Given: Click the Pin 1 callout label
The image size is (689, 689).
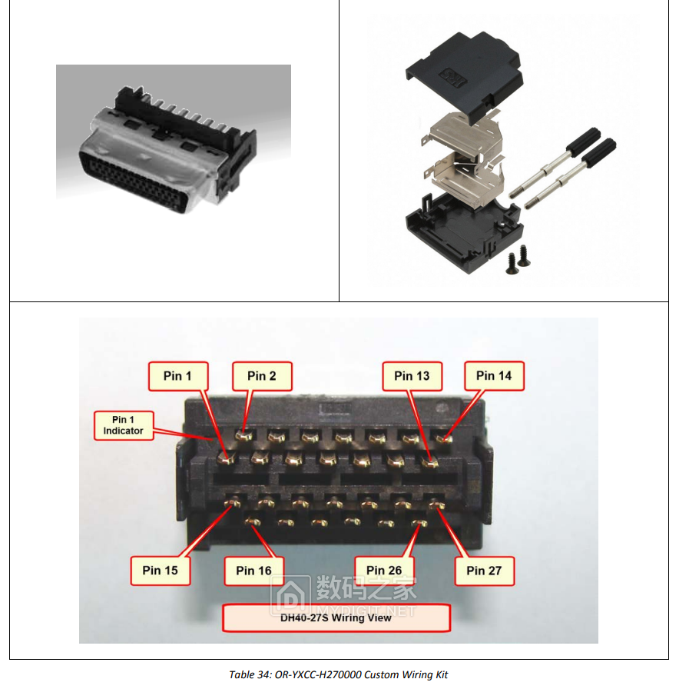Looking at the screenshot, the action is point(178,376).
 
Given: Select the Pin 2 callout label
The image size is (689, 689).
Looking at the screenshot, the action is point(262,376).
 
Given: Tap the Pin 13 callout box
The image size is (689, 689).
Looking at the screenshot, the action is point(412,376).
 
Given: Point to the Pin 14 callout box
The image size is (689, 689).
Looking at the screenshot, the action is point(495,376).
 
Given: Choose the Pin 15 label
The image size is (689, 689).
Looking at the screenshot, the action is point(161,571).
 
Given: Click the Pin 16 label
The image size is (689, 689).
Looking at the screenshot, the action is point(254,571).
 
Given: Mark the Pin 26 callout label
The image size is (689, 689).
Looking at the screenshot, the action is point(385,571).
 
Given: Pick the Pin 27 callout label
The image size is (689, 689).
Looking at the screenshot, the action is point(484,571).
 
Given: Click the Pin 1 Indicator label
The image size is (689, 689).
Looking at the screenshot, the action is point(124,425).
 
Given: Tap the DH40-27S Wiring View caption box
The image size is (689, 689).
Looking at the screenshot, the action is point(336,618).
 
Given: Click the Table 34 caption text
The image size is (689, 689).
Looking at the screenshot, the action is point(338,675).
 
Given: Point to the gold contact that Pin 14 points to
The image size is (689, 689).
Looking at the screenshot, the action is point(443,437).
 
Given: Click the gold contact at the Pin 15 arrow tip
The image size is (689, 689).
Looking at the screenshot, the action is point(233,501).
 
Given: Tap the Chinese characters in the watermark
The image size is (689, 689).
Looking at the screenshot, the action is point(366,588).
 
